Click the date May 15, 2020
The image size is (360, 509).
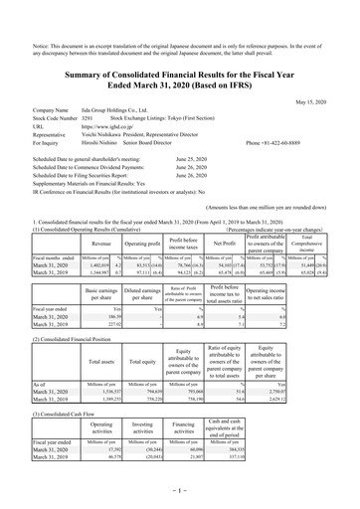tap(327, 101)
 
